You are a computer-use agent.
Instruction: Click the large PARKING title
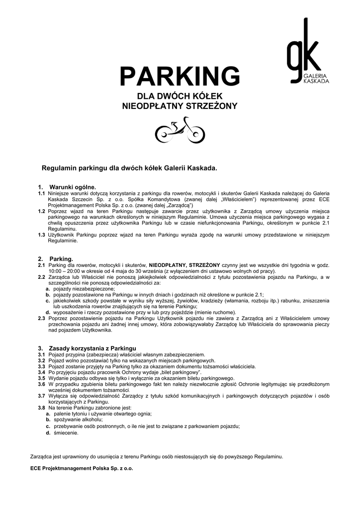[x=180, y=77]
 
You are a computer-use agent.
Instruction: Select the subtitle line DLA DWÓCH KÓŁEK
[x=180, y=96]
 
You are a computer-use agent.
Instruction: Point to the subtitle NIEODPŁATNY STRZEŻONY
[x=180, y=106]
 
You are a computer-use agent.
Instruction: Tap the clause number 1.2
[x=42, y=211]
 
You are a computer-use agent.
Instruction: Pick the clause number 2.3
[x=42, y=318]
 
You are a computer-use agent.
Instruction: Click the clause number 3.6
[x=42, y=384]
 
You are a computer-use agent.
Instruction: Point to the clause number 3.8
[x=42, y=408]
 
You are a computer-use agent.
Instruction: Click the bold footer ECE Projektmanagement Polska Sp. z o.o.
[x=82, y=468]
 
